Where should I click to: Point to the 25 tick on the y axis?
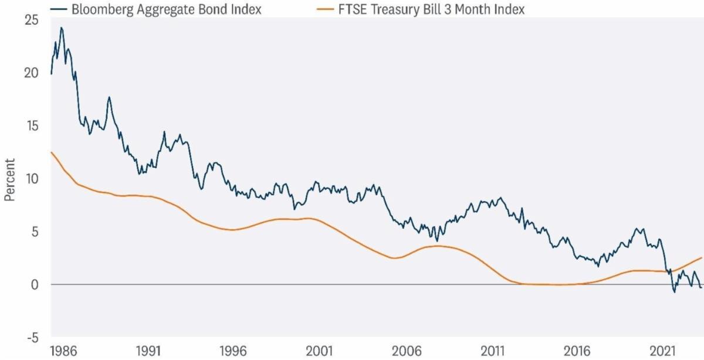point(32,20)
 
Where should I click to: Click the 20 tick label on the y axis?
point(32,73)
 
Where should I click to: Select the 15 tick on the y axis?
point(32,126)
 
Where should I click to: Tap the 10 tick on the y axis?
point(32,179)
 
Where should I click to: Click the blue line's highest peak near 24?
point(61,28)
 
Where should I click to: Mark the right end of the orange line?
point(701,257)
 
